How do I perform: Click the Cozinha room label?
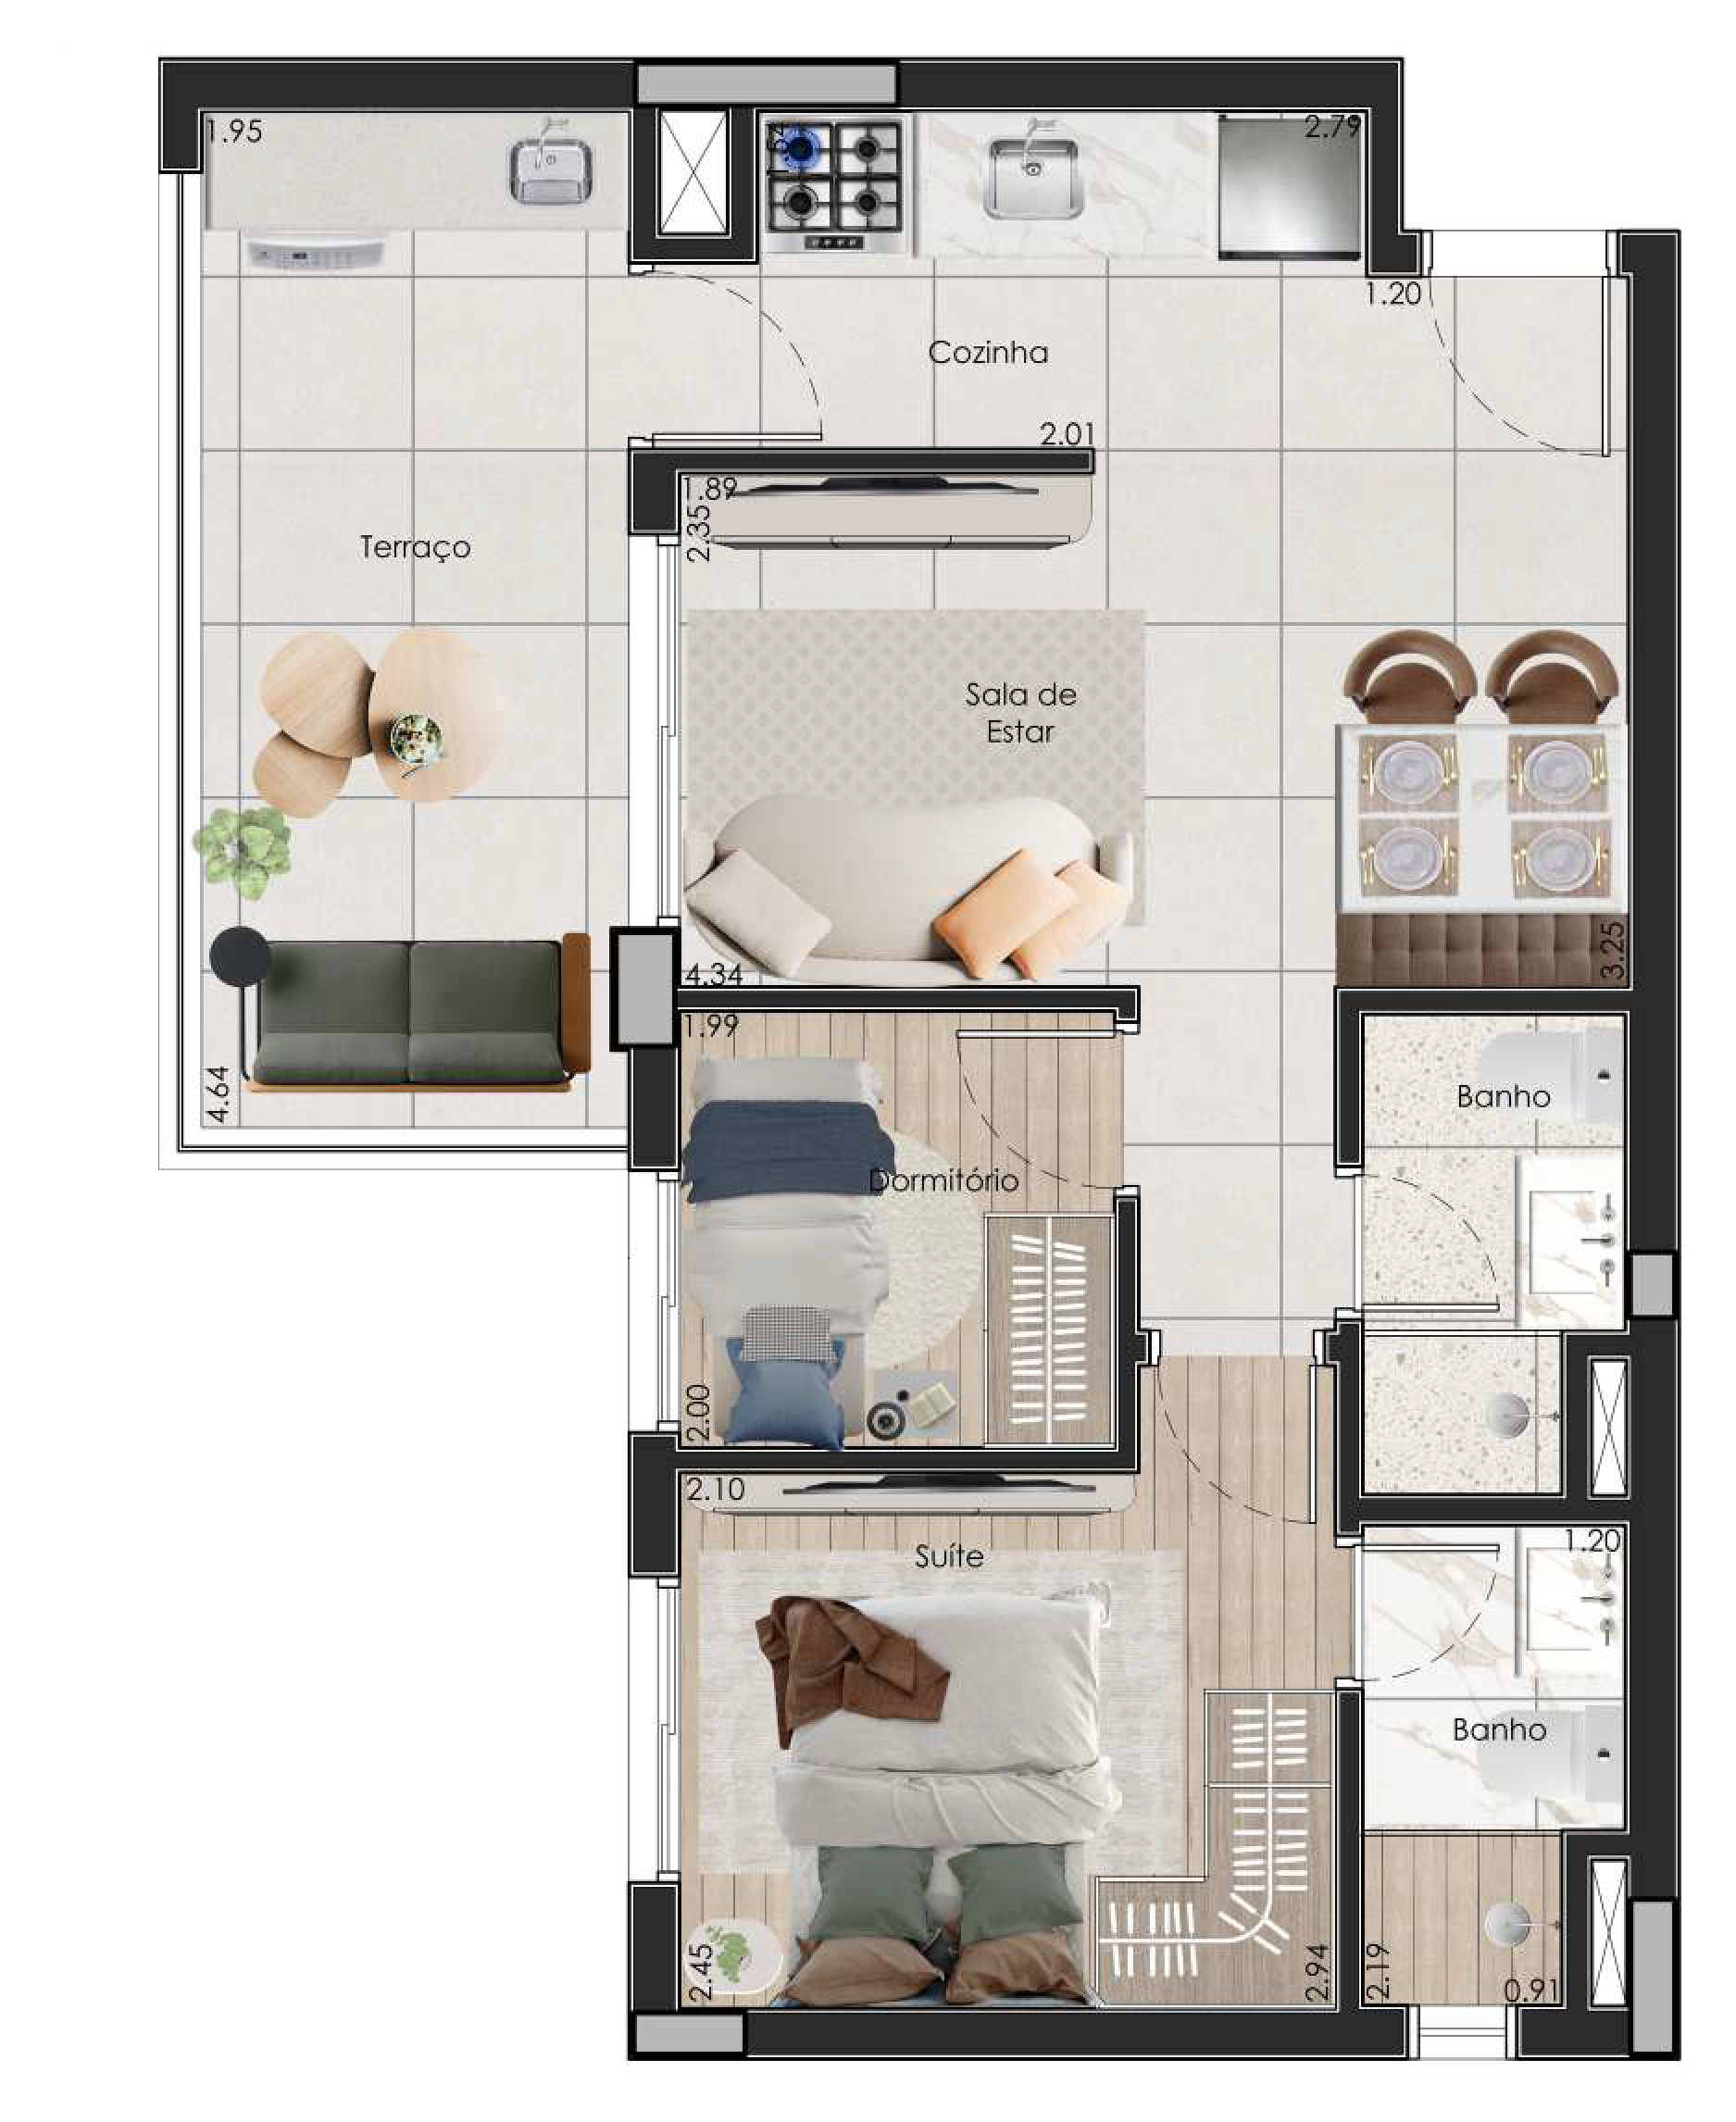tap(987, 352)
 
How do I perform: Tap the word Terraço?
tap(415, 547)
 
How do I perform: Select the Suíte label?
tap(948, 1556)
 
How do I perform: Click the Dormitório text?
tap(943, 1180)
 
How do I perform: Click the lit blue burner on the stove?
tap(800, 147)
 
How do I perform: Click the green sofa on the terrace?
tap(410, 1013)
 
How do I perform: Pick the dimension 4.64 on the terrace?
tap(219, 1094)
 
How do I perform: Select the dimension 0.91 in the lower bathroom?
tap(1532, 1989)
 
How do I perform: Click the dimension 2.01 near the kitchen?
tap(1067, 435)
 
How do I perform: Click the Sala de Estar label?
tap(1020, 713)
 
